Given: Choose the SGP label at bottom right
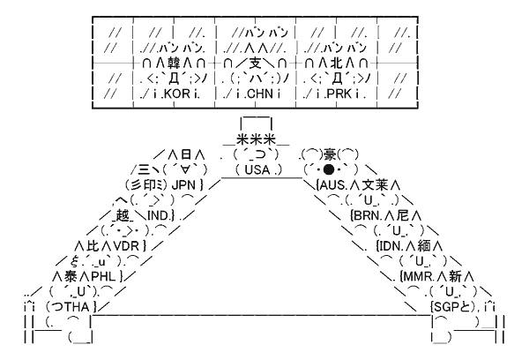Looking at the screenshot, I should [445, 306].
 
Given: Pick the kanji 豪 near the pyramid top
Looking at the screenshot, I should [326, 153].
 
